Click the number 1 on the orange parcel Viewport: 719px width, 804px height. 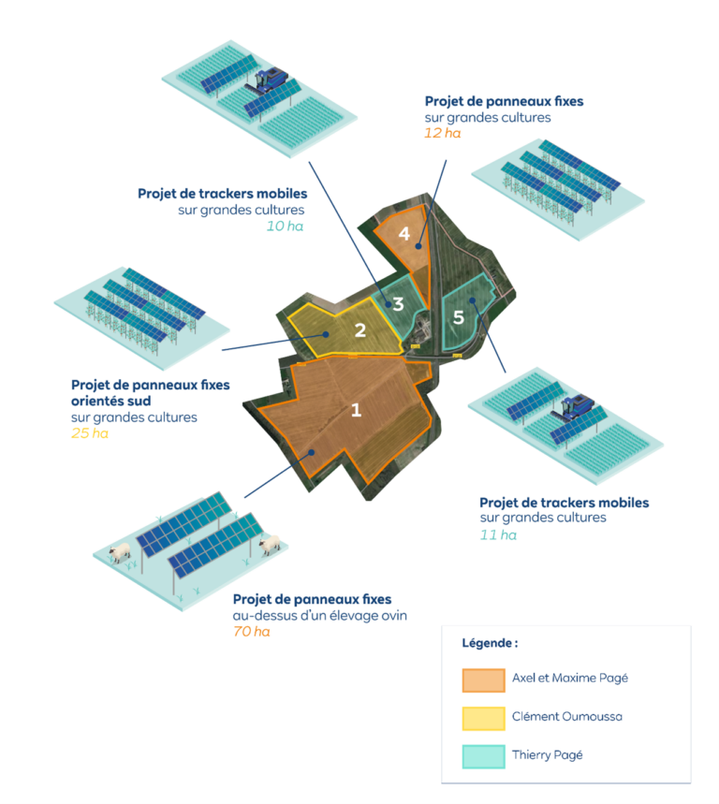(356, 409)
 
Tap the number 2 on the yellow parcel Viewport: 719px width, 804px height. (359, 329)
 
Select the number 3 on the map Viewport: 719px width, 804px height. (398, 303)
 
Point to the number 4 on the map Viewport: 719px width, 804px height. (404, 234)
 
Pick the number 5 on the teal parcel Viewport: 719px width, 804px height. (458, 317)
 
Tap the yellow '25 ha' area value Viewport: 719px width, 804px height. (90, 433)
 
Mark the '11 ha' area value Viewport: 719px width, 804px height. (497, 534)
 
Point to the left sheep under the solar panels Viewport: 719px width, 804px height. (119, 553)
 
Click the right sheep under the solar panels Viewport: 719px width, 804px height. (271, 545)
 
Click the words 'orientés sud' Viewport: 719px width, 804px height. (109, 401)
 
